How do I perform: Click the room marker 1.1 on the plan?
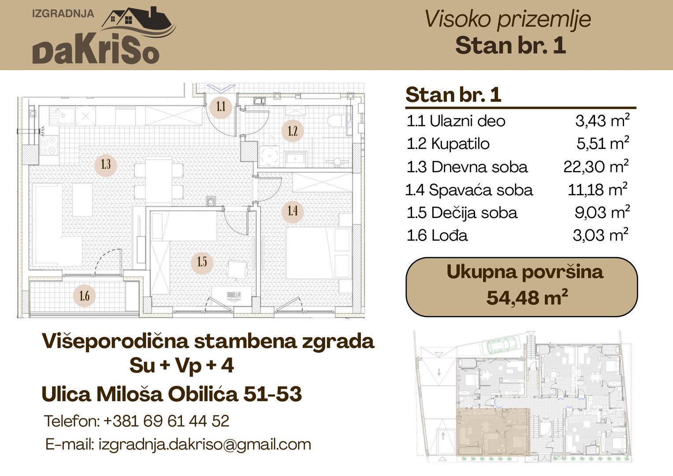(x=221, y=107)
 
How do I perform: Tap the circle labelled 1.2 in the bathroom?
(x=293, y=131)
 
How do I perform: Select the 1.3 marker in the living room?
(x=106, y=164)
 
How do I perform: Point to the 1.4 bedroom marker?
(x=293, y=211)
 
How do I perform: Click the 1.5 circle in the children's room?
(x=202, y=262)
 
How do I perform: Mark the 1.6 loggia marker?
(x=85, y=296)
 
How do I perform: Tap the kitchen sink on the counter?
(x=62, y=115)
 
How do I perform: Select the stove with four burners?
(x=49, y=145)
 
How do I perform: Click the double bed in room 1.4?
(x=319, y=253)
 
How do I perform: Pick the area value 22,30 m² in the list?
(x=596, y=167)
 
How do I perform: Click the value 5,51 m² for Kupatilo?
(x=602, y=143)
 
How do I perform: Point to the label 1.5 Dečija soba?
(x=462, y=213)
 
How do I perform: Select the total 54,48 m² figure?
(x=527, y=297)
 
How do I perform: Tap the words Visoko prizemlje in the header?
(x=508, y=19)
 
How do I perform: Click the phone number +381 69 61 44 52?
(x=167, y=421)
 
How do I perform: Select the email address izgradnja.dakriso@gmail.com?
(x=205, y=444)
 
